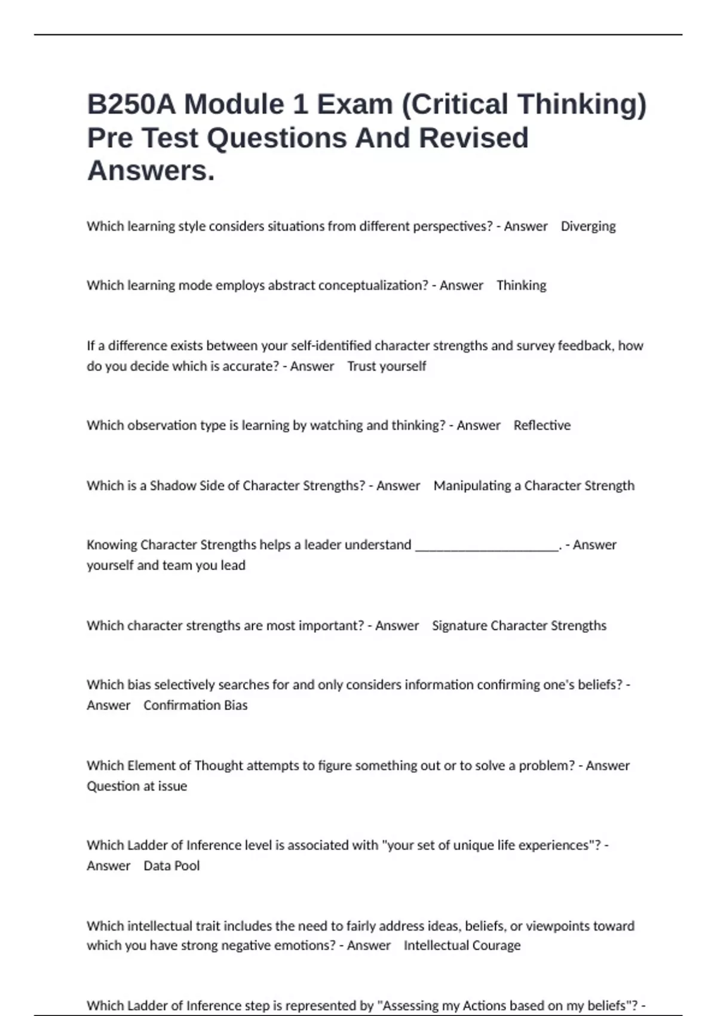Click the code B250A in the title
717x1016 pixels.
(x=131, y=104)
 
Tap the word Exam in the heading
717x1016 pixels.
(x=355, y=104)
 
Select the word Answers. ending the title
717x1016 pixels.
(x=151, y=170)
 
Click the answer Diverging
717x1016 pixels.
(x=588, y=227)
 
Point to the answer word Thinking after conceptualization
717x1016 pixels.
(x=521, y=286)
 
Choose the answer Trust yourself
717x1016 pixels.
(x=387, y=366)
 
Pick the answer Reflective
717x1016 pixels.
(x=542, y=426)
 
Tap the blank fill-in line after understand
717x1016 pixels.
(x=487, y=545)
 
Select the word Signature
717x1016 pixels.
(x=459, y=626)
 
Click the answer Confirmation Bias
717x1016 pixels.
(x=195, y=705)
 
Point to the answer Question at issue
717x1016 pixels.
(x=137, y=786)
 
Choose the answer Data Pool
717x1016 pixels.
(x=171, y=866)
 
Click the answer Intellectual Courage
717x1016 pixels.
(x=462, y=945)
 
